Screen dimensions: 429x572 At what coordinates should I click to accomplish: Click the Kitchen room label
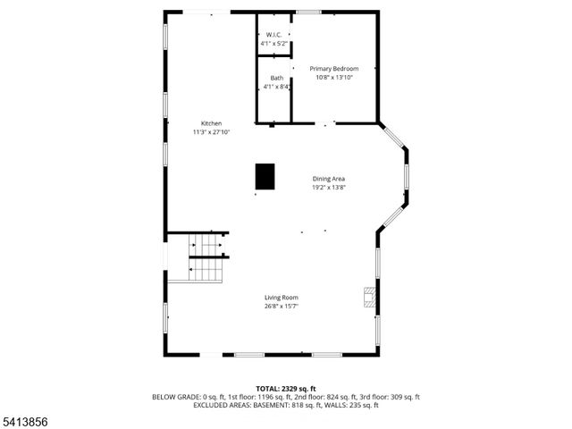click(x=211, y=123)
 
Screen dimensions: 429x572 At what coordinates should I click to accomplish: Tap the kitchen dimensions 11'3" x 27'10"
click(x=211, y=132)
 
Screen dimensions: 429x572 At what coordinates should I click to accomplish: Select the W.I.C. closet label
click(x=273, y=35)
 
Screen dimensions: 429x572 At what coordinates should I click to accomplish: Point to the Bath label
click(x=277, y=78)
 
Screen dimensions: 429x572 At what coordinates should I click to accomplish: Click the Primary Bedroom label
click(x=334, y=69)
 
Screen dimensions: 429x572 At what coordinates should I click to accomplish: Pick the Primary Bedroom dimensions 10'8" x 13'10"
click(x=334, y=78)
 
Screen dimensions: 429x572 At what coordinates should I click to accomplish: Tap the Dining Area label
click(x=329, y=179)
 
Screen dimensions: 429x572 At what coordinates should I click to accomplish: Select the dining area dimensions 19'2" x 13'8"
click(x=329, y=188)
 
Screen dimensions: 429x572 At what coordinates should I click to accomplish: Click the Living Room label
click(x=281, y=298)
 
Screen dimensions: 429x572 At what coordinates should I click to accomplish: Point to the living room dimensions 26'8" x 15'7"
click(x=281, y=307)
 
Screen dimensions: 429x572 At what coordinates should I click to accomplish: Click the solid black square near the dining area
click(x=265, y=176)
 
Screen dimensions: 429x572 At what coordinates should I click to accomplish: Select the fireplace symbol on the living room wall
click(x=369, y=297)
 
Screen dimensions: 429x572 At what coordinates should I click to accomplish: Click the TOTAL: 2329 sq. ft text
click(x=285, y=389)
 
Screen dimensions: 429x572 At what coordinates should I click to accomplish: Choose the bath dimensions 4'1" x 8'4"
click(x=277, y=87)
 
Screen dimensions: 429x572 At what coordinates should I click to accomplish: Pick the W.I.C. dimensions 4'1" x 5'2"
click(x=273, y=44)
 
